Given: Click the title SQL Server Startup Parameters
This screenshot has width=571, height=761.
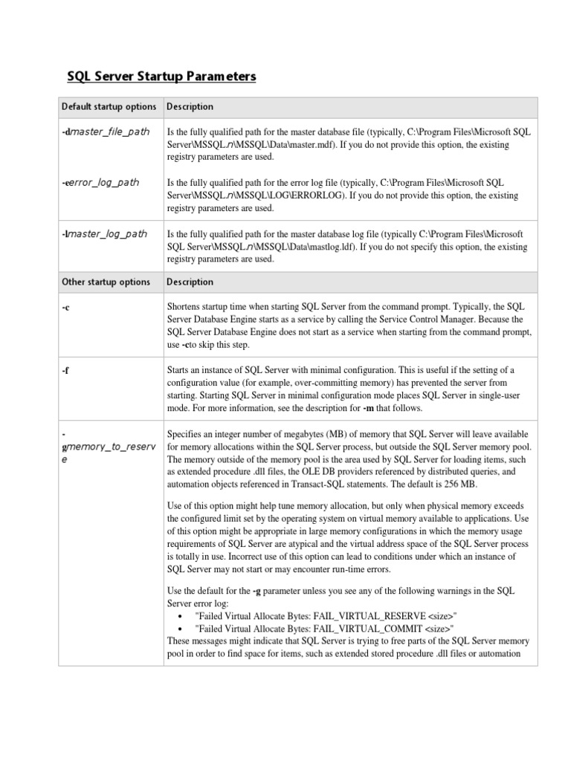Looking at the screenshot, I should pyautogui.click(x=161, y=77).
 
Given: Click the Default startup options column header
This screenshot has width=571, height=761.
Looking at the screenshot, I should pyautogui.click(x=109, y=106).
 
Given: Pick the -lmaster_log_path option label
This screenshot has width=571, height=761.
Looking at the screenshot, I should pyautogui.click(x=104, y=233).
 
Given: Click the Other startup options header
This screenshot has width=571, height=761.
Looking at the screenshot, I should pyautogui.click(x=106, y=282).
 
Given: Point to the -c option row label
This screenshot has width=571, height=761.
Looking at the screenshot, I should pyautogui.click(x=65, y=308).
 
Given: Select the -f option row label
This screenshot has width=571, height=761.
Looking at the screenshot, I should pyautogui.click(x=65, y=370).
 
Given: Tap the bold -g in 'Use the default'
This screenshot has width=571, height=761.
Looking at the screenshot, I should pyautogui.click(x=257, y=591).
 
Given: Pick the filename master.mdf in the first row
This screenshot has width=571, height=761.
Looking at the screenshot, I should pyautogui.click(x=318, y=144).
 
